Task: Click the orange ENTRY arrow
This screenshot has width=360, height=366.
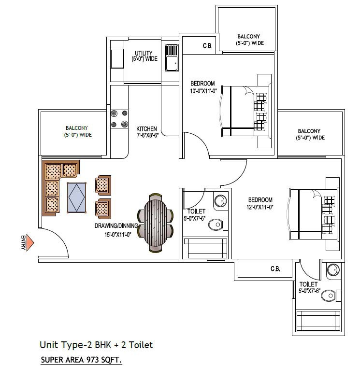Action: (x=29, y=243)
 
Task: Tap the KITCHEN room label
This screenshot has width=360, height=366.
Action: (x=146, y=129)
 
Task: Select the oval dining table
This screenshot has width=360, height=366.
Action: (x=155, y=223)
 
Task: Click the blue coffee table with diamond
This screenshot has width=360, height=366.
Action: (x=76, y=197)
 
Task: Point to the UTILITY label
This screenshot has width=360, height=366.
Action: (x=144, y=53)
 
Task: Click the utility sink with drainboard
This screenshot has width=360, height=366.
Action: (x=172, y=58)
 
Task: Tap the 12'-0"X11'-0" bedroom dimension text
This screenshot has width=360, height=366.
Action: (x=260, y=207)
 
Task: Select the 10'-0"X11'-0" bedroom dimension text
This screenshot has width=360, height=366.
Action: (x=203, y=91)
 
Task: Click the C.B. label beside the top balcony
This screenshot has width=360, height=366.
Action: (x=207, y=46)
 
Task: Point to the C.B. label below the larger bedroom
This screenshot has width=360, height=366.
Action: (x=275, y=269)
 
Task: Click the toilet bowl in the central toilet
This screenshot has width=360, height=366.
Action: (x=216, y=225)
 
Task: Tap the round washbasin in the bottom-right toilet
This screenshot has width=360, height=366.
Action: (x=333, y=270)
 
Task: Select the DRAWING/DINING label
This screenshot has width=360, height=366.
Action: (x=116, y=225)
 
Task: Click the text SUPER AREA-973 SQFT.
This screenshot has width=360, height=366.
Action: (x=81, y=359)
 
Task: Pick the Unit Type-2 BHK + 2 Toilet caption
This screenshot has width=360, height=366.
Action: (x=96, y=345)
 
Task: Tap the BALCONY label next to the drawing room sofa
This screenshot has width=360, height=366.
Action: (x=77, y=128)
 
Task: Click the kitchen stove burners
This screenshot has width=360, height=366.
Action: (x=119, y=119)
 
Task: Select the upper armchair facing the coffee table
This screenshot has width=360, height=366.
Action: (x=103, y=185)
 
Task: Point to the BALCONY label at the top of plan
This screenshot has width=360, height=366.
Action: (x=248, y=36)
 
